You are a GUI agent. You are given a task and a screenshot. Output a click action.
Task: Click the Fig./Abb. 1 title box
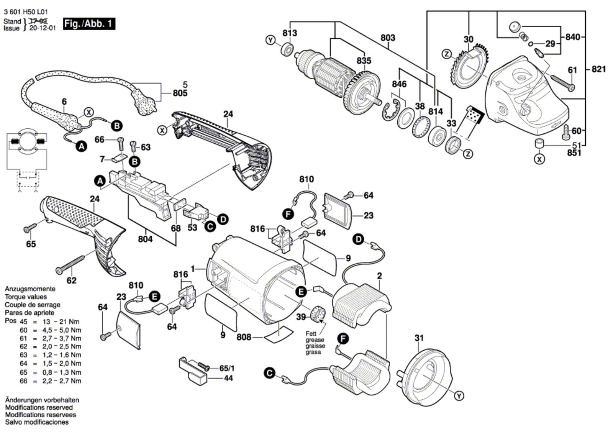click(x=89, y=24)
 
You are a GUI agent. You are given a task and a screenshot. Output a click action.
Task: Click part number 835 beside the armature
click(x=364, y=61)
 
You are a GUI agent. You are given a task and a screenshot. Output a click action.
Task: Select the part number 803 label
click(x=388, y=38)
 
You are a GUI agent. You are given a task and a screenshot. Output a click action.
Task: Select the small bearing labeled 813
click(x=287, y=49)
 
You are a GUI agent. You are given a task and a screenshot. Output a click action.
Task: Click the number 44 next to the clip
click(x=228, y=378)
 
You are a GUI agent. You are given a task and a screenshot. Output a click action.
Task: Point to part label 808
click(x=244, y=337)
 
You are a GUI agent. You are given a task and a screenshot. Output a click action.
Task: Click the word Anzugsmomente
click(x=30, y=289)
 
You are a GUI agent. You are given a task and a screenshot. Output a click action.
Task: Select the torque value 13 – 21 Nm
click(x=62, y=321)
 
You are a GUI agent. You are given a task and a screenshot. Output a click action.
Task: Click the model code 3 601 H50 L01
click(x=26, y=12)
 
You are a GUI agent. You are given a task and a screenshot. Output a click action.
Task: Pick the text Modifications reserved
click(x=39, y=407)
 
